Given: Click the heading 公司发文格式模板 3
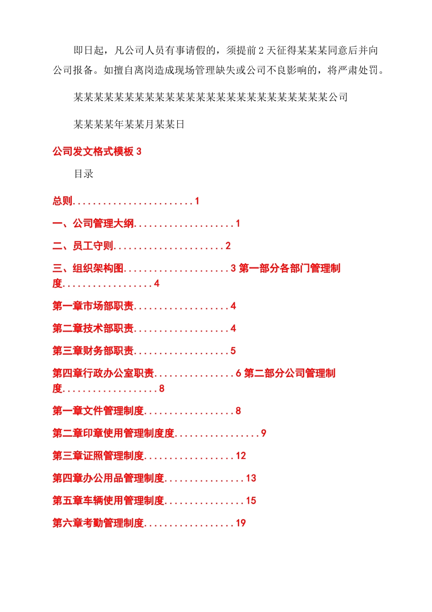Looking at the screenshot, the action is tap(97, 152).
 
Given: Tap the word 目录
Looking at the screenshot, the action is tap(84, 174).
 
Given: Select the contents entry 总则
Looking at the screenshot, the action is tap(62, 201).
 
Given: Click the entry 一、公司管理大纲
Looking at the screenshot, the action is tap(93, 224).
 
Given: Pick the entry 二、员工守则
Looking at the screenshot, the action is tap(83, 246).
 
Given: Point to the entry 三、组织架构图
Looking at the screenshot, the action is tap(88, 269).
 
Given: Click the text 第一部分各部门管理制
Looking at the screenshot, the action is tap(290, 269).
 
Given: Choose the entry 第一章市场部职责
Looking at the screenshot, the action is tap(93, 306).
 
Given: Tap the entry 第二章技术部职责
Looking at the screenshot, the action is tap(93, 328).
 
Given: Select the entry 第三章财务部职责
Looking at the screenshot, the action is tap(93, 351).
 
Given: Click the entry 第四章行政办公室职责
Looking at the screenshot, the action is tap(103, 373).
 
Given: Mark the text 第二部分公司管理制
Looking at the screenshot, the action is tap(290, 373).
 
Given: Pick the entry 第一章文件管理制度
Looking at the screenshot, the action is tap(98, 411).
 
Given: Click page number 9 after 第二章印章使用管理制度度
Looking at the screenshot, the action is tap(263, 433).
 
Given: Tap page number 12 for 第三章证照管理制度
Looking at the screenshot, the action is tap(241, 456).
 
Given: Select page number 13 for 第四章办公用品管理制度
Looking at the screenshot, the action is tap(251, 479).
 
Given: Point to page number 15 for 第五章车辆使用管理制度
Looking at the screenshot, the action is tap(251, 501).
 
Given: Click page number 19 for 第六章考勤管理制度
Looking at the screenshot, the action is tap(241, 523).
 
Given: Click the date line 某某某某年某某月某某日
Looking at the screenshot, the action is tap(129, 125).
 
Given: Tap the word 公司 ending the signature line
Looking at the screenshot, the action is tap(338, 97).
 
